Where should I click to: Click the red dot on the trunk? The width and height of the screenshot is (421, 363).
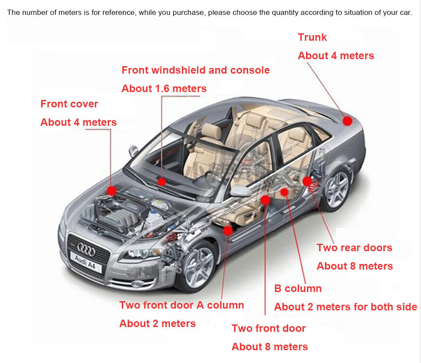click(x=347, y=121)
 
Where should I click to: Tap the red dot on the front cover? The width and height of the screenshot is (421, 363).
click(x=111, y=191)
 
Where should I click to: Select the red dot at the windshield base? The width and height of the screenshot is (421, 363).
click(x=162, y=182)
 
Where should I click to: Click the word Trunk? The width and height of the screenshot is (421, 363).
click(x=312, y=37)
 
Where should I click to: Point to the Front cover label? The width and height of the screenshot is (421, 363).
click(x=69, y=104)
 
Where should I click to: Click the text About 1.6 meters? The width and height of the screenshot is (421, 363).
click(x=164, y=89)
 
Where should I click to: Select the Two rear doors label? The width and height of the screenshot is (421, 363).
click(x=354, y=248)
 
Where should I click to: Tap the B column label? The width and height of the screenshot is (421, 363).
click(x=298, y=288)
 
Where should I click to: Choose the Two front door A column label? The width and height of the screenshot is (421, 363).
click(x=182, y=305)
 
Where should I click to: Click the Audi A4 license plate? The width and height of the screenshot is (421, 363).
click(x=86, y=262)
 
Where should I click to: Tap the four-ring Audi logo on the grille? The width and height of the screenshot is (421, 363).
click(x=86, y=249)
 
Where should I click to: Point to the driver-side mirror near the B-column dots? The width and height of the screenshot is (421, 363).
click(x=241, y=191)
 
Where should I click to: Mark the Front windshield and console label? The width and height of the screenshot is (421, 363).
click(x=196, y=70)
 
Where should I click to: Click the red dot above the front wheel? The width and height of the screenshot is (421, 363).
click(x=228, y=231)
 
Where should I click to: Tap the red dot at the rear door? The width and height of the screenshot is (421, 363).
click(x=307, y=181)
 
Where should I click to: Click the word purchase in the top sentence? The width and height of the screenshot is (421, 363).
click(x=188, y=13)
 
